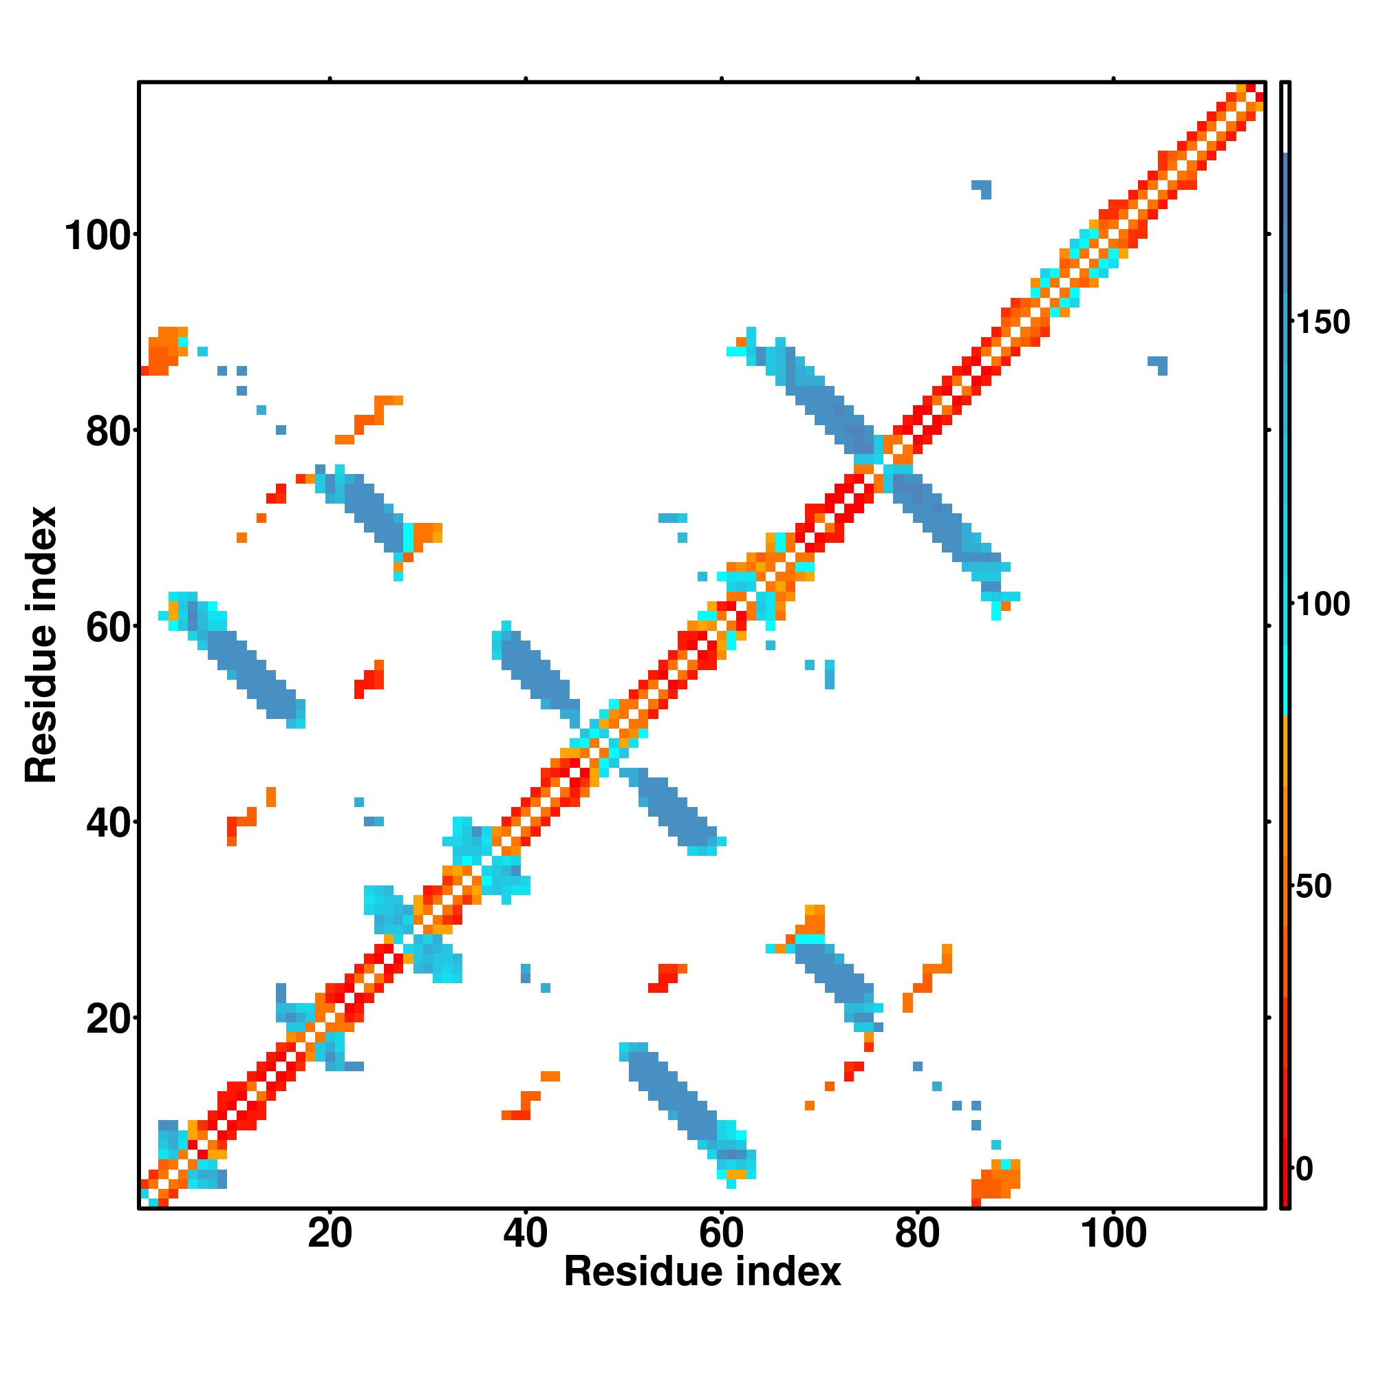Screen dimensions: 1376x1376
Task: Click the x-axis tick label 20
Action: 330,1234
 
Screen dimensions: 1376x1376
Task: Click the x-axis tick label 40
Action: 526,1234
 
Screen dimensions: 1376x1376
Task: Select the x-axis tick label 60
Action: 722,1234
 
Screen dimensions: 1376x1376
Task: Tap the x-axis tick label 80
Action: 917,1234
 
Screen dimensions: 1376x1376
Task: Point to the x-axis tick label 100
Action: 1114,1234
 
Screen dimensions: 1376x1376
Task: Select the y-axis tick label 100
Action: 100,236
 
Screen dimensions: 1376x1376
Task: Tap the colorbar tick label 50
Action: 1314,887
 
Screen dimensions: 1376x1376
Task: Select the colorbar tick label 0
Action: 1304,1169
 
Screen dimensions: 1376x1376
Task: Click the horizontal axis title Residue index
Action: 702,1272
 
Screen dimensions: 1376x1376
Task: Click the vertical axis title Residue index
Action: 41,645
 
